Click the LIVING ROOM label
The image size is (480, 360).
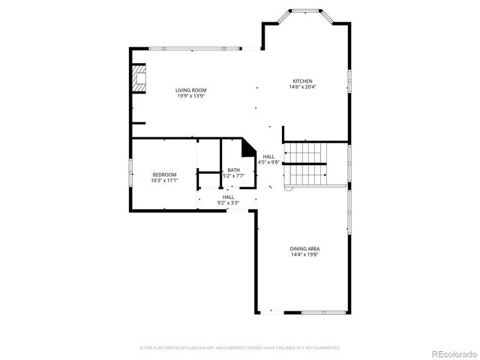point(191,90)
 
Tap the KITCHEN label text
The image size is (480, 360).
point(302,81)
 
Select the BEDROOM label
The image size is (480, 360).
point(163,174)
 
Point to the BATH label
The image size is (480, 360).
point(233,169)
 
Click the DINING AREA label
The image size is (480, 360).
point(304,248)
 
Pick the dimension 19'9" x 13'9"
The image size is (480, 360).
point(191,96)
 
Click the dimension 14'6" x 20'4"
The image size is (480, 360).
point(302,87)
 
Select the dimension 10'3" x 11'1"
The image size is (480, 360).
point(163,180)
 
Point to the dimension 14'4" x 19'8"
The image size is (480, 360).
point(304,254)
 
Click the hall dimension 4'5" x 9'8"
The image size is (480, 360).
point(268,162)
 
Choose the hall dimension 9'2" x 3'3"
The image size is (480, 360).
point(228,202)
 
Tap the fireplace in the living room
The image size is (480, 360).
point(139,79)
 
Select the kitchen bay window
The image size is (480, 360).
point(305,12)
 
